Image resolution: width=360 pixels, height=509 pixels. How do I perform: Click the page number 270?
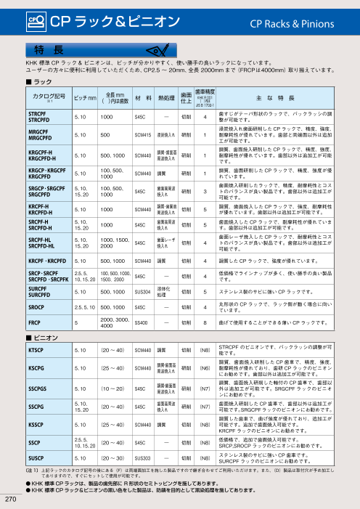[10, 500]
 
